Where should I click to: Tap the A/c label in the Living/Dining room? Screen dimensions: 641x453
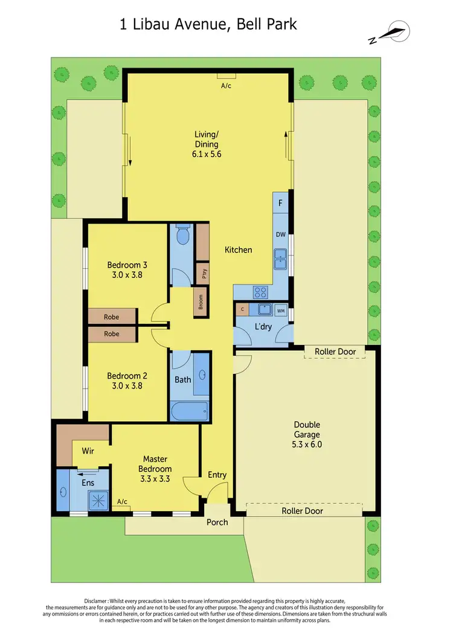coord(226,86)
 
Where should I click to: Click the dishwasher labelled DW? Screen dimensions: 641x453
coord(280,235)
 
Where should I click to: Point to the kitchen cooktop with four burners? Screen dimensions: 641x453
coord(261,291)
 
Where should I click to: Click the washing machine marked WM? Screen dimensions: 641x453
coord(280,311)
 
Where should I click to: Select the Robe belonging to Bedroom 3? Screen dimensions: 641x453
coord(112,317)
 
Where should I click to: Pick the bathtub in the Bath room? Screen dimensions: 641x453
coord(189,411)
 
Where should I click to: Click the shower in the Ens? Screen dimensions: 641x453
coord(97,499)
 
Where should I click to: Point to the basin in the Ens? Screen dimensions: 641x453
coord(64,492)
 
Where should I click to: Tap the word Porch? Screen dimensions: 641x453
coord(217,522)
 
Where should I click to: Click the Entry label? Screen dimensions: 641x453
coord(217,475)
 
